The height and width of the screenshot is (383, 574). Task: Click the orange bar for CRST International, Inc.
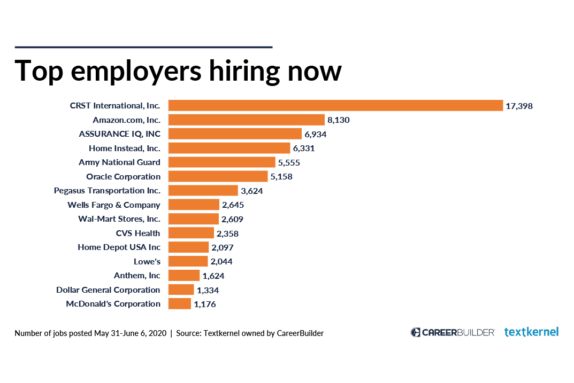pyautogui.click(x=336, y=106)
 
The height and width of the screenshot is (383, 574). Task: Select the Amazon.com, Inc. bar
pyautogui.click(x=247, y=120)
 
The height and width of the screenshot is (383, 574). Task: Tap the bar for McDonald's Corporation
pyautogui.click(x=180, y=304)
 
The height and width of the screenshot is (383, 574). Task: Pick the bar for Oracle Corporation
pyautogui.click(x=218, y=176)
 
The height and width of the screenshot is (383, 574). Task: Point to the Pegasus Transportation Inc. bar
pyautogui.click(x=203, y=190)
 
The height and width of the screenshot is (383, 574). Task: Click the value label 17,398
pyautogui.click(x=519, y=106)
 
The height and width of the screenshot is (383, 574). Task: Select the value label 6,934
pyautogui.click(x=316, y=135)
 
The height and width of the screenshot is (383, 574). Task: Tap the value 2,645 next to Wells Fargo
pyautogui.click(x=233, y=205)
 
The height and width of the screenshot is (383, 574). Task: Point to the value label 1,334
pyautogui.click(x=208, y=290)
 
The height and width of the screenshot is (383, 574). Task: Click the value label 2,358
pyautogui.click(x=227, y=233)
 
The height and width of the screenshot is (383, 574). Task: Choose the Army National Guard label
pyautogui.click(x=119, y=162)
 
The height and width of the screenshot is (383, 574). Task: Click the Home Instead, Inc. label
pyautogui.click(x=125, y=148)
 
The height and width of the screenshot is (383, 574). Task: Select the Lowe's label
pyautogui.click(x=147, y=261)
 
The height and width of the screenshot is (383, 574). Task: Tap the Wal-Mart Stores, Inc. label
pyautogui.click(x=119, y=219)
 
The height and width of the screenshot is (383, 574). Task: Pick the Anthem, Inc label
pyautogui.click(x=137, y=276)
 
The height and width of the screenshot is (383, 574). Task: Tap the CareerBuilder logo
pyautogui.click(x=453, y=332)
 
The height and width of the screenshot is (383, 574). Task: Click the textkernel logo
pyautogui.click(x=532, y=332)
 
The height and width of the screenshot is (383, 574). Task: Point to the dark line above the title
pyautogui.click(x=143, y=47)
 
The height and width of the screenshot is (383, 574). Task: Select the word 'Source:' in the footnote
pyautogui.click(x=188, y=333)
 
